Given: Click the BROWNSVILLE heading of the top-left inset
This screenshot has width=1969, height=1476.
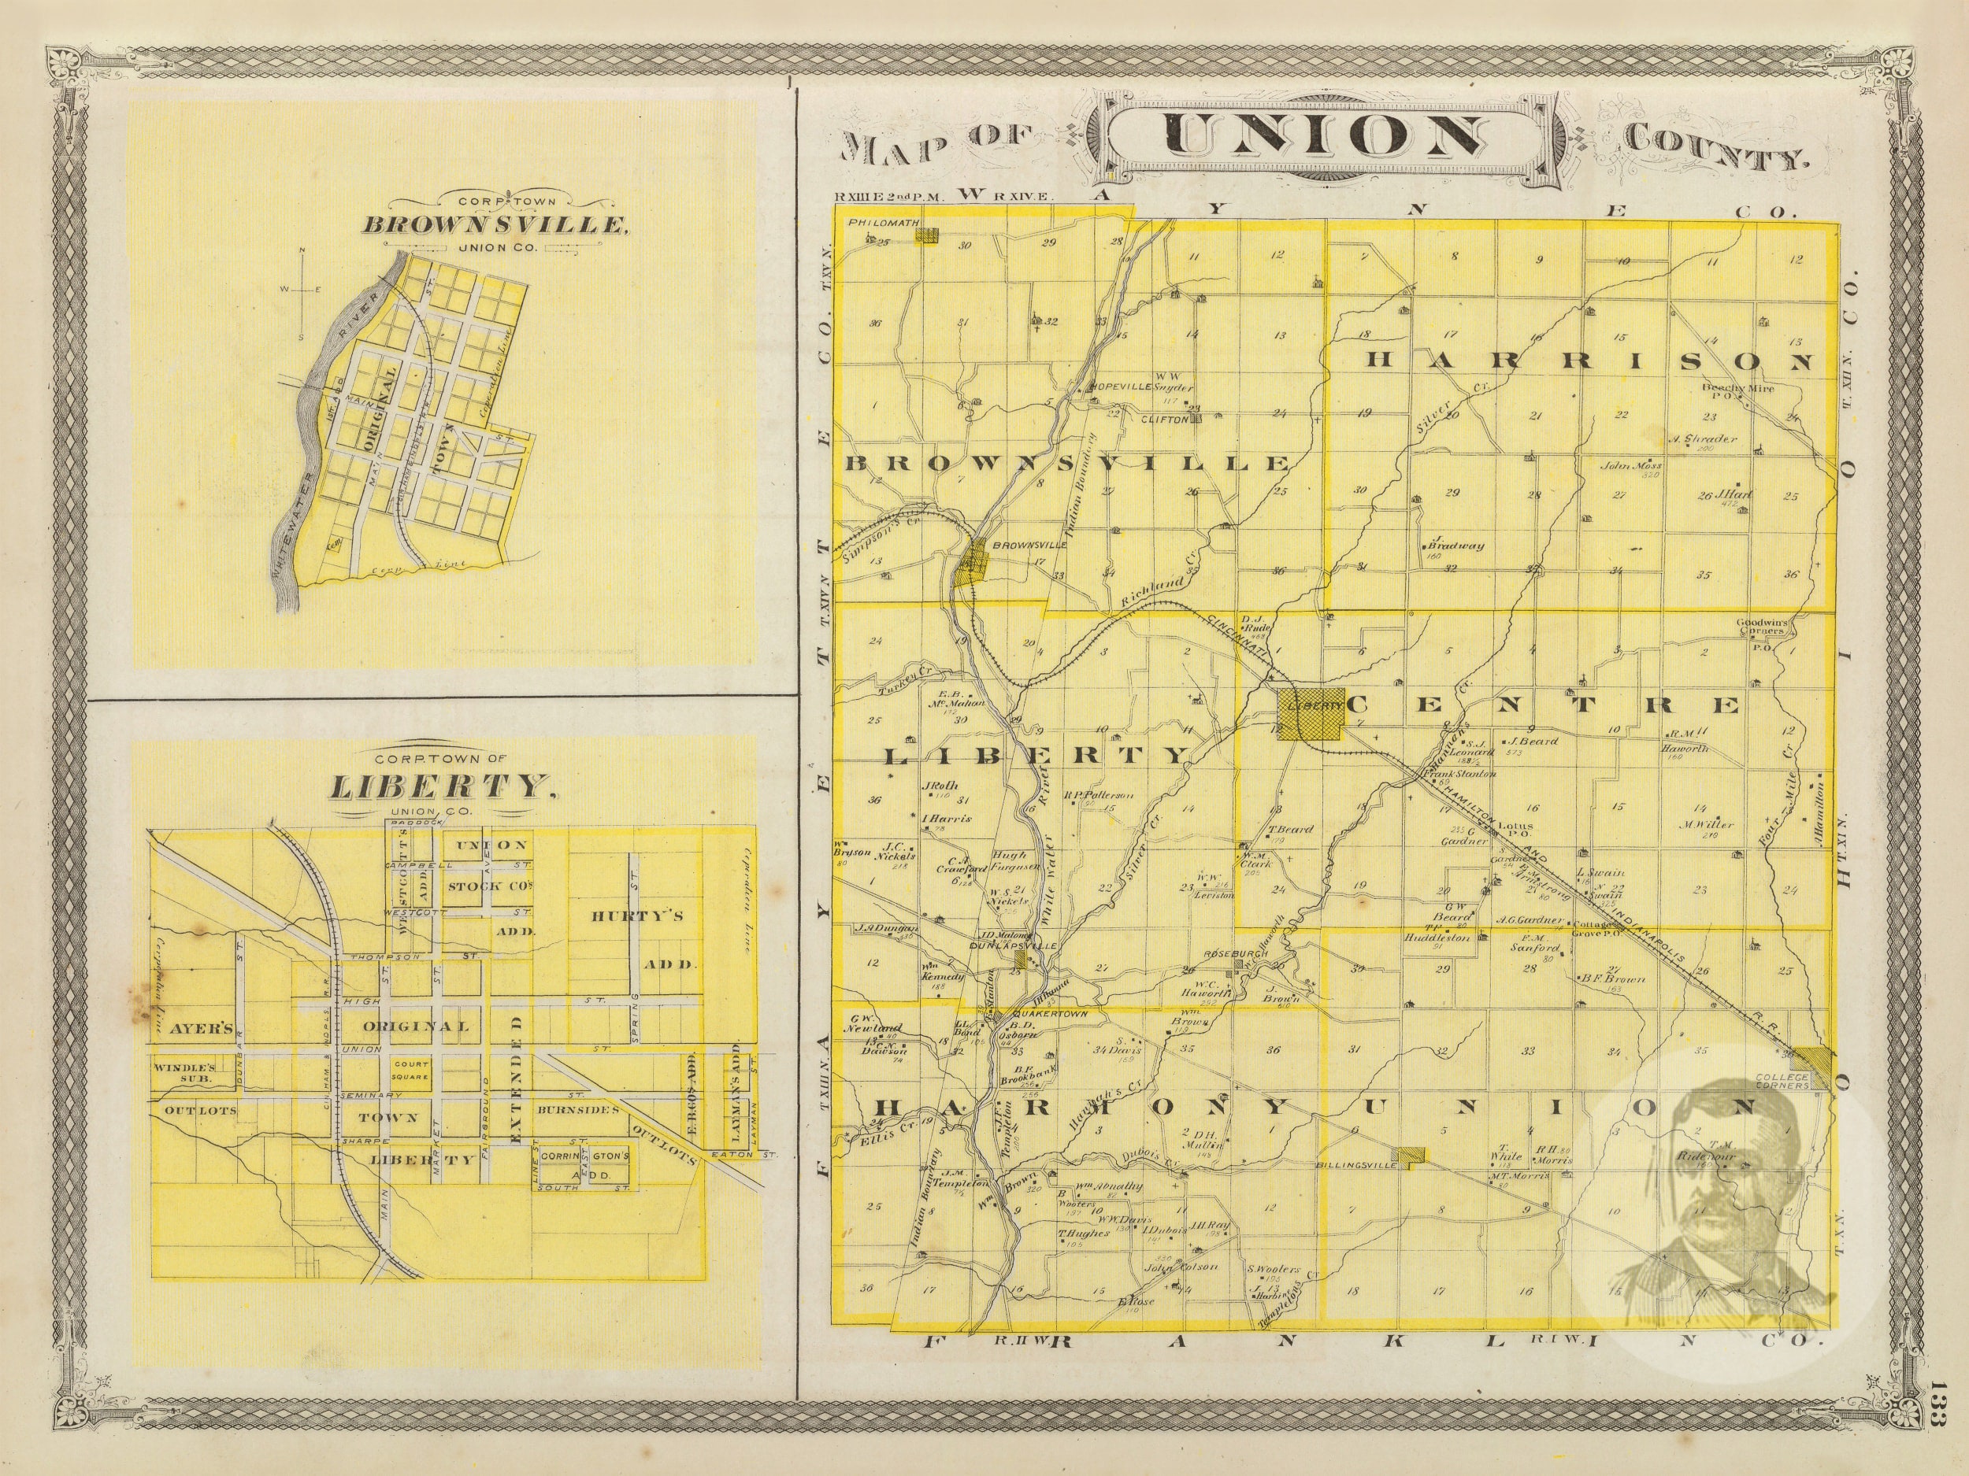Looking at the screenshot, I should [x=493, y=223].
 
